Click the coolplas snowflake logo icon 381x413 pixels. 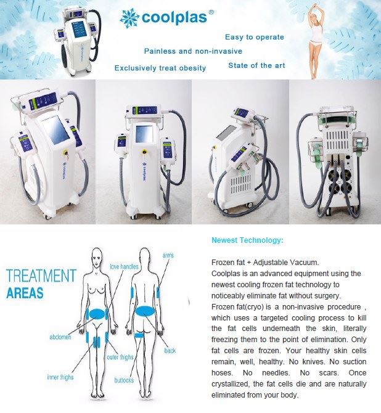pos(129,18)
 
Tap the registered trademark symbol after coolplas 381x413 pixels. pos(211,12)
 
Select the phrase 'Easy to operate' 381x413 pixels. pos(255,37)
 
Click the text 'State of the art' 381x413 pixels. pos(256,65)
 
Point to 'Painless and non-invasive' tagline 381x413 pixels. pos(193,51)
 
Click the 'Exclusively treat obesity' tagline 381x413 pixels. pos(160,68)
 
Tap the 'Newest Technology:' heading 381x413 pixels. pos(247,240)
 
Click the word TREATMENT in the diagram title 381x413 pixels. pos(41,276)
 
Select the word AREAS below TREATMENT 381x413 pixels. pos(25,293)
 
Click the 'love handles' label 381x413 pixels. pos(124,266)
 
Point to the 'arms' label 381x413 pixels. pos(168,255)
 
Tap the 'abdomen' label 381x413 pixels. pos(60,337)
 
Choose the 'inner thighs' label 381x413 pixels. pos(60,377)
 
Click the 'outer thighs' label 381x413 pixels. pos(120,357)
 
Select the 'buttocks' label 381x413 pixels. pos(124,380)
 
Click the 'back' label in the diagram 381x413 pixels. pos(170,351)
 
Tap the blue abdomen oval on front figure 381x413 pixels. pos(97,314)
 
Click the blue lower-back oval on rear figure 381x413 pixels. pos(145,311)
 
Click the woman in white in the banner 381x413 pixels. pos(315,41)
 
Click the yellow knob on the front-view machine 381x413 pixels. pos(144,152)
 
